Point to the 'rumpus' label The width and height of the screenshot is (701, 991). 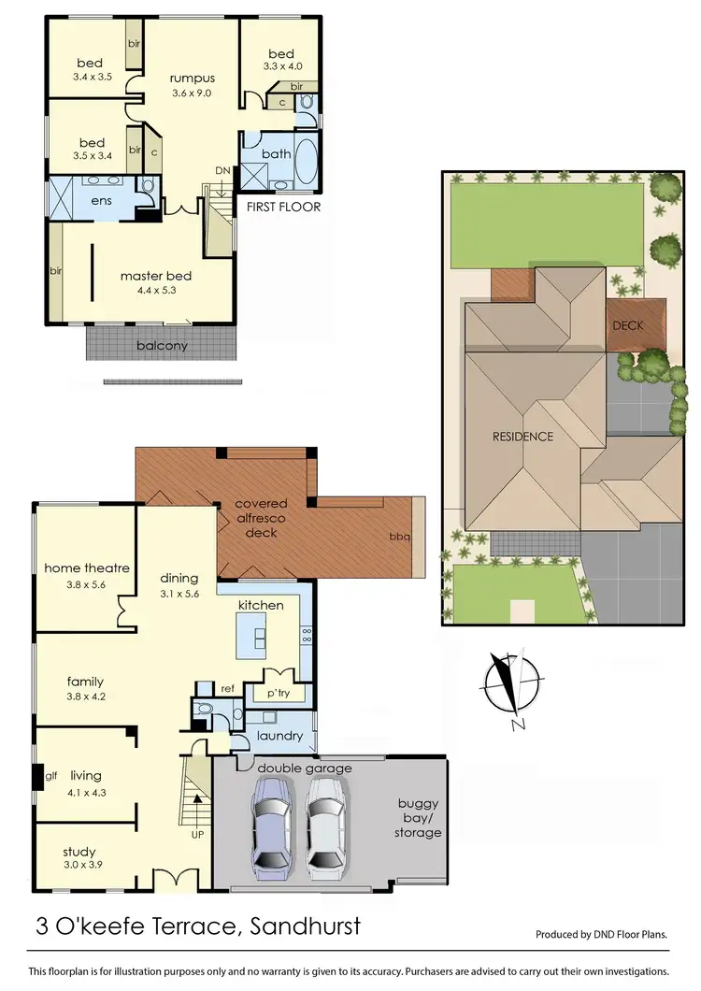click(x=192, y=79)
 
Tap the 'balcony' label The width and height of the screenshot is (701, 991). click(x=162, y=345)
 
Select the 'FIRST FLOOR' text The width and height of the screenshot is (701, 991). click(x=283, y=207)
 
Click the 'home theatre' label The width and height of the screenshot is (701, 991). click(x=87, y=567)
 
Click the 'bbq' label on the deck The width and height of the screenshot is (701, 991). click(x=399, y=538)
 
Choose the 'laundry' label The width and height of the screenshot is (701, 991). click(x=280, y=736)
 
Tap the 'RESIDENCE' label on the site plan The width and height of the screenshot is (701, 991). click(x=523, y=437)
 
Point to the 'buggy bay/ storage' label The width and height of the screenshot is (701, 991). click(x=418, y=818)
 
